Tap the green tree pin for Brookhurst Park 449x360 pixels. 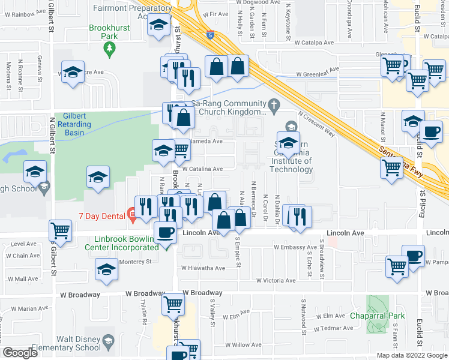click(x=109, y=52)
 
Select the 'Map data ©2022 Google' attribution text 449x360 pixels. click(x=411, y=355)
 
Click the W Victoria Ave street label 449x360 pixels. click(x=276, y=280)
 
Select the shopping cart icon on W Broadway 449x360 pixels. click(x=173, y=304)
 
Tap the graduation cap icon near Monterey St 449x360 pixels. click(x=107, y=269)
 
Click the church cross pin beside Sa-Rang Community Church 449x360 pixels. click(x=274, y=107)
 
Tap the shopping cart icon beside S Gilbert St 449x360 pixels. click(x=61, y=229)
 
